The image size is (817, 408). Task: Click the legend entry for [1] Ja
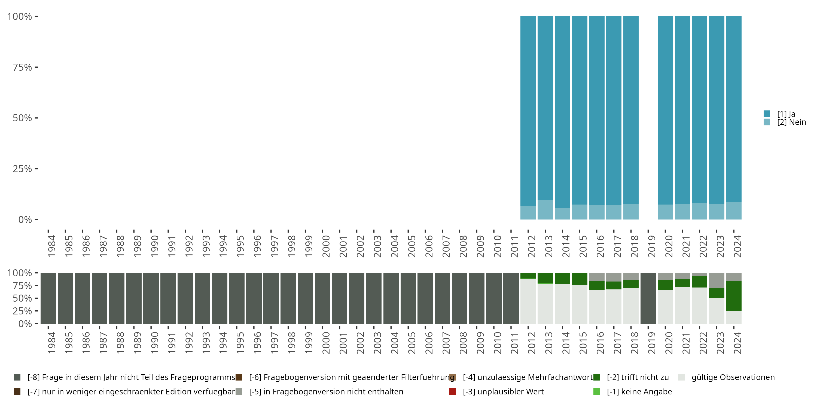pyautogui.click(x=786, y=114)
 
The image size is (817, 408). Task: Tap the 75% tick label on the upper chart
pyautogui.click(x=22, y=67)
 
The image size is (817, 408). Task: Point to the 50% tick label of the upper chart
pyautogui.click(x=22, y=118)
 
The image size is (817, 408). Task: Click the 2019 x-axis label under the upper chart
pyautogui.click(x=651, y=246)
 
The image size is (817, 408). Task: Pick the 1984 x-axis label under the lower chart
pyautogui.click(x=51, y=343)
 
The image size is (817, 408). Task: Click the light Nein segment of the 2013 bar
pyautogui.click(x=545, y=209)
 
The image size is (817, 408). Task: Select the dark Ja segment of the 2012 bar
pyautogui.click(x=528, y=111)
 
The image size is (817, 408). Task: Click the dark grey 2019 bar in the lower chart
pyautogui.click(x=648, y=298)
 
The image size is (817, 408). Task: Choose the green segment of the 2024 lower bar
pyautogui.click(x=734, y=296)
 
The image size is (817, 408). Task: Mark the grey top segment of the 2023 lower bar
pyautogui.click(x=717, y=280)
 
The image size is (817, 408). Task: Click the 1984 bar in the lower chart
pyautogui.click(x=48, y=298)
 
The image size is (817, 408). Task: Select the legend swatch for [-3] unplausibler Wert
pyautogui.click(x=453, y=391)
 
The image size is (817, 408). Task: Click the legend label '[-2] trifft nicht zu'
pyautogui.click(x=638, y=377)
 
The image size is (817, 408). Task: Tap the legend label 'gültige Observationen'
pyautogui.click(x=733, y=377)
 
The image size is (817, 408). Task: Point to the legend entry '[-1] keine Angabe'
pyautogui.click(x=639, y=391)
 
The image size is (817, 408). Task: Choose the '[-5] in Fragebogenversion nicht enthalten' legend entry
pyautogui.click(x=326, y=391)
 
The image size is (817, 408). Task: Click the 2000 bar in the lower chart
pyautogui.click(x=322, y=298)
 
